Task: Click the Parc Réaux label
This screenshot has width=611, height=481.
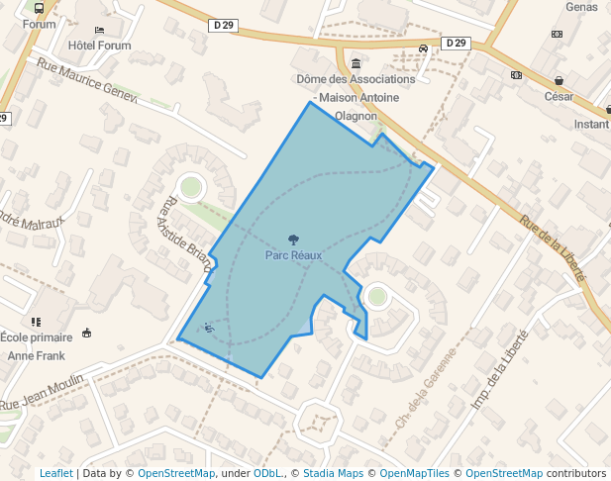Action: (x=293, y=255)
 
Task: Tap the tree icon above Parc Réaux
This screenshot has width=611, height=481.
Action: (x=293, y=240)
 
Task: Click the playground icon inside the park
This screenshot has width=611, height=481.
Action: (x=209, y=328)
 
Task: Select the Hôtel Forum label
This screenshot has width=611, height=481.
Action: (x=100, y=46)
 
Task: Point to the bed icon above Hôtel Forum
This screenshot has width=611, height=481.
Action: (x=99, y=31)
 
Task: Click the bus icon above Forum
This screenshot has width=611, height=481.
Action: (x=39, y=8)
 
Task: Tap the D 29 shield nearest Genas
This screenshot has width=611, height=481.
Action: (x=456, y=43)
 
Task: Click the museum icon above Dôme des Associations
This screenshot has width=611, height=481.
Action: (x=356, y=63)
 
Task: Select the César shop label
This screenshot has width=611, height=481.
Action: (x=559, y=96)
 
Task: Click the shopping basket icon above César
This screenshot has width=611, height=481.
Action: (x=560, y=80)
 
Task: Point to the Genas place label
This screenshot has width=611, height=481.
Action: (x=582, y=7)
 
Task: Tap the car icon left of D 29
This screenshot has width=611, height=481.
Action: (x=423, y=48)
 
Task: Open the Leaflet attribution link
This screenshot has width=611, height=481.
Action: (x=55, y=473)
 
